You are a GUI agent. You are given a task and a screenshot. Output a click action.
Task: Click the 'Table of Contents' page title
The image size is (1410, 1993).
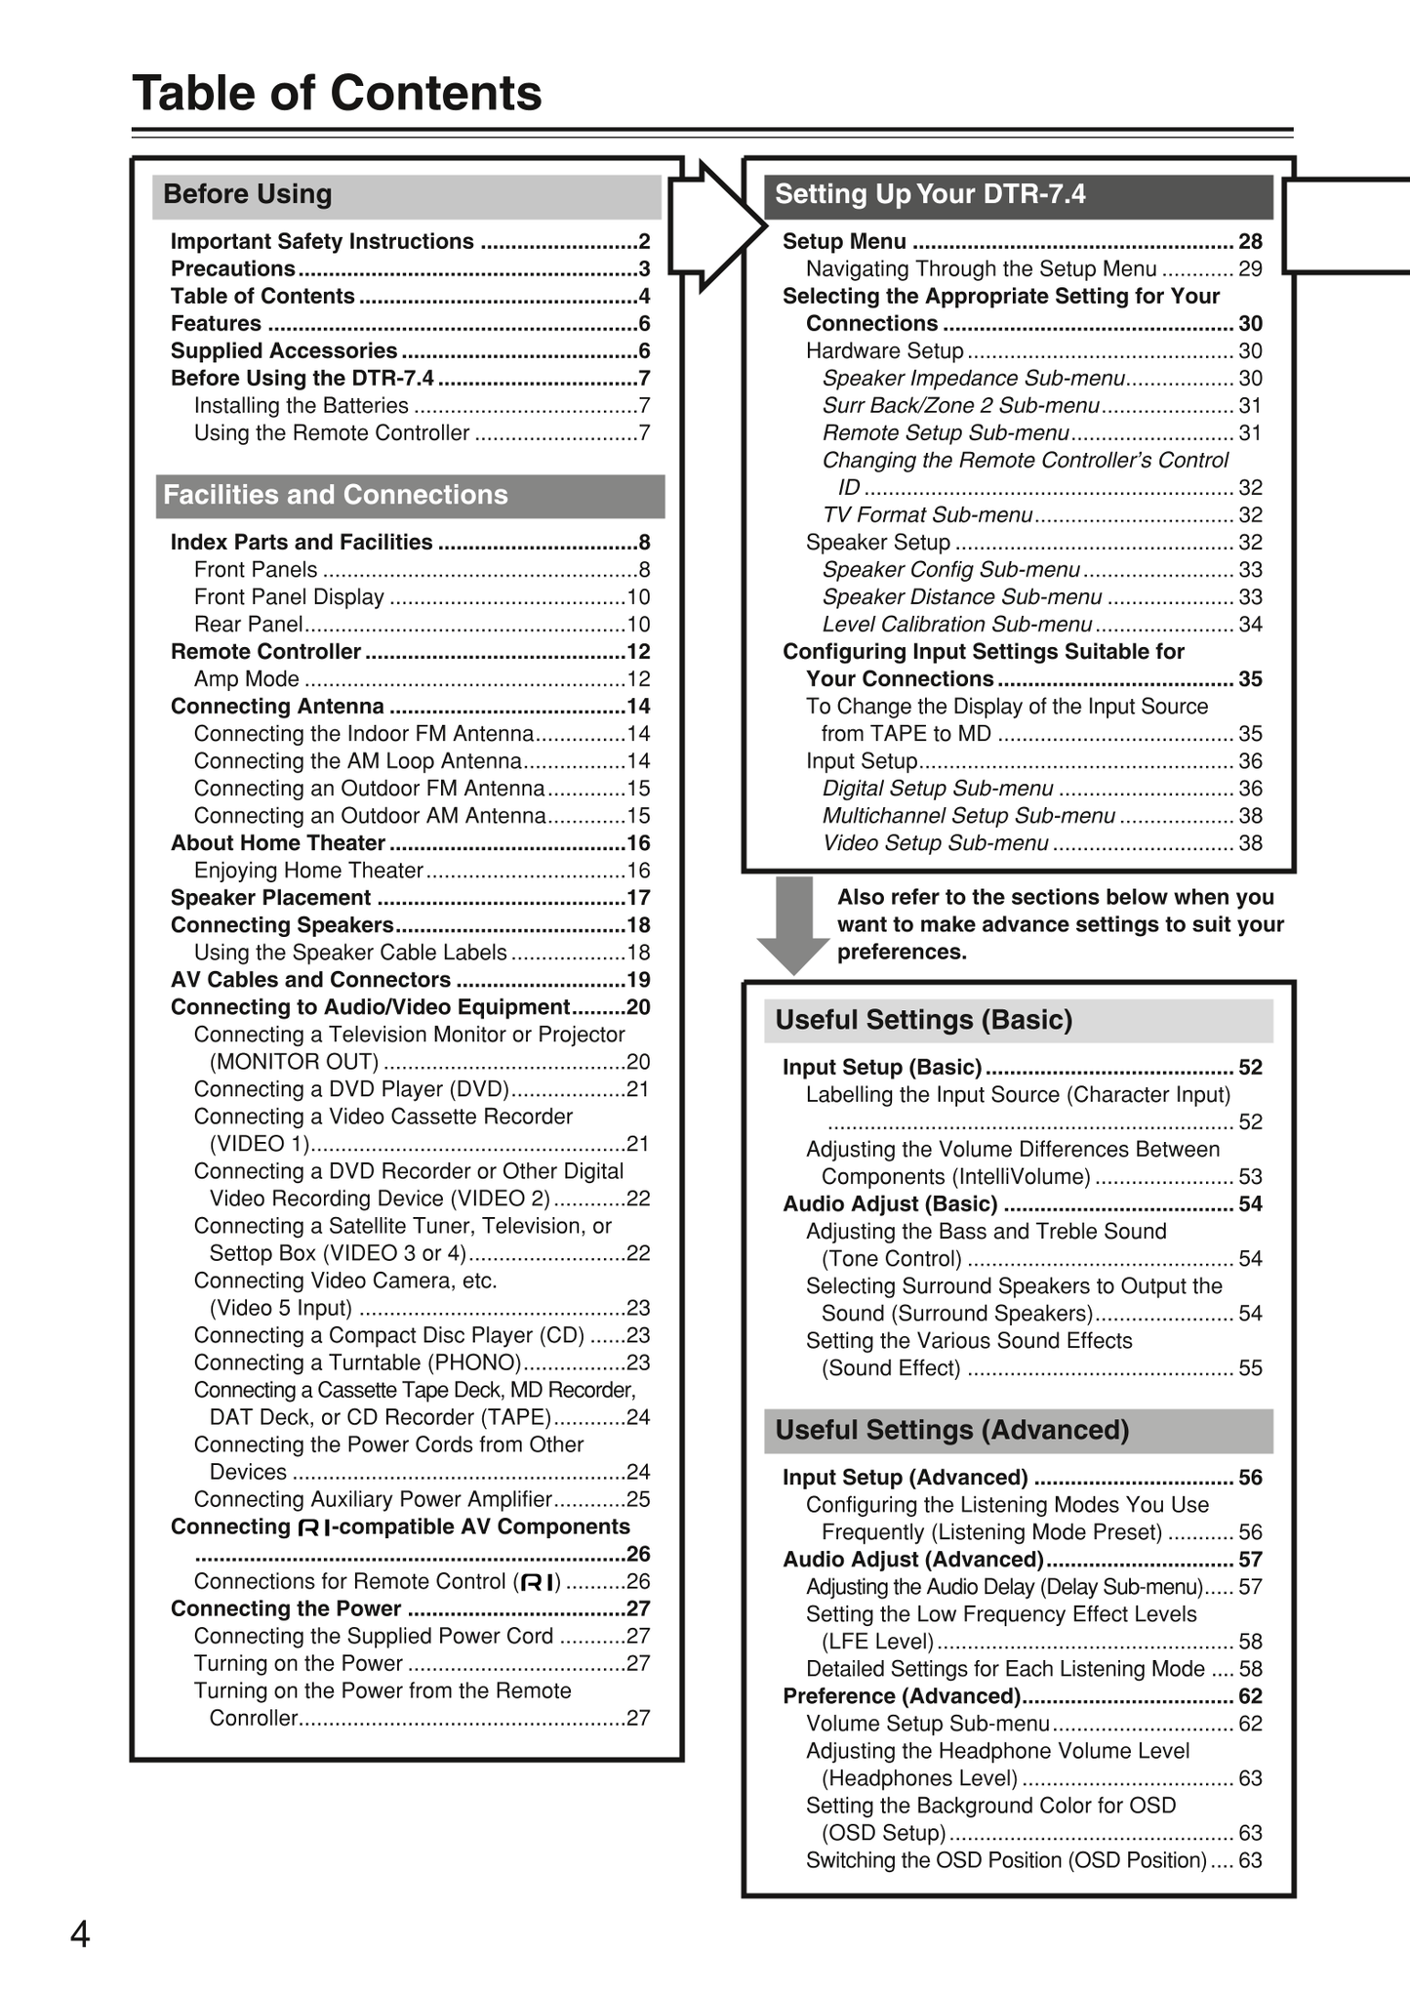pyautogui.click(x=337, y=94)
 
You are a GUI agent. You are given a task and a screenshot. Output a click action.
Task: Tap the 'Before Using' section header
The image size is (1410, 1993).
pyautogui.click(x=247, y=194)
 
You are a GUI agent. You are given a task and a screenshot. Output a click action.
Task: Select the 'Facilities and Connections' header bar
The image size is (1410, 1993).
pyautogui.click(x=335, y=495)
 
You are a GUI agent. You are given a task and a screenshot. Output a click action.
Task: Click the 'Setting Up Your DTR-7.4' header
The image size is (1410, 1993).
pyautogui.click(x=929, y=194)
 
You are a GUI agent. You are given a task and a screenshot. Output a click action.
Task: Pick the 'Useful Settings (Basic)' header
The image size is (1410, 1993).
pyautogui.click(x=923, y=1020)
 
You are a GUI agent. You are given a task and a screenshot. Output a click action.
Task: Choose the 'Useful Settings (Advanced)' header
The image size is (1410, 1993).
pyautogui.click(x=951, y=1430)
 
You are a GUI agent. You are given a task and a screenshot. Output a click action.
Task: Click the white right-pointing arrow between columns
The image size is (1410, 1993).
pyautogui.click(x=718, y=225)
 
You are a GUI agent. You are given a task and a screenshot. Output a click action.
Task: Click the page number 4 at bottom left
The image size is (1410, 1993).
pyautogui.click(x=80, y=1933)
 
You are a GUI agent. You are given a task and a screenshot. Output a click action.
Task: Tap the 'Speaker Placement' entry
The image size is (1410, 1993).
pyautogui.click(x=270, y=898)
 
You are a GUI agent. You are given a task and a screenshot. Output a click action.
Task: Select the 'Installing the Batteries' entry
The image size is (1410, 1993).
pyautogui.click(x=301, y=406)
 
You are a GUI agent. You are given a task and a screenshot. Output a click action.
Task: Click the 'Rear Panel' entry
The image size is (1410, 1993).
pyautogui.click(x=248, y=625)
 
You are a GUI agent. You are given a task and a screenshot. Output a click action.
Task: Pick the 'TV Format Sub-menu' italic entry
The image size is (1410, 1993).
pyautogui.click(x=926, y=515)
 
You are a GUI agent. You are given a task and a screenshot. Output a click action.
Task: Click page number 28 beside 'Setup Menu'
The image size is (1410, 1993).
pyautogui.click(x=1250, y=242)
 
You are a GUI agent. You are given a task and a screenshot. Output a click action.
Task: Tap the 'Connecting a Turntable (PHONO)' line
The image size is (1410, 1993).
pyautogui.click(x=357, y=1363)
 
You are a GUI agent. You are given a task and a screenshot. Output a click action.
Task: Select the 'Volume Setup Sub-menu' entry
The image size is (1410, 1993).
pyautogui.click(x=927, y=1724)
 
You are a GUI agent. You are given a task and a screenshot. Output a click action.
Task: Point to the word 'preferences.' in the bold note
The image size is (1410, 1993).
pyautogui.click(x=902, y=953)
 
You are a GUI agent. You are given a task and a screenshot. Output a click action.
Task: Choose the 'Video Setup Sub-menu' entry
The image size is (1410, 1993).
pyautogui.click(x=935, y=843)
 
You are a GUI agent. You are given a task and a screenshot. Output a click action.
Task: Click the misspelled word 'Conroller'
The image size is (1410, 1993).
pyautogui.click(x=253, y=1718)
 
